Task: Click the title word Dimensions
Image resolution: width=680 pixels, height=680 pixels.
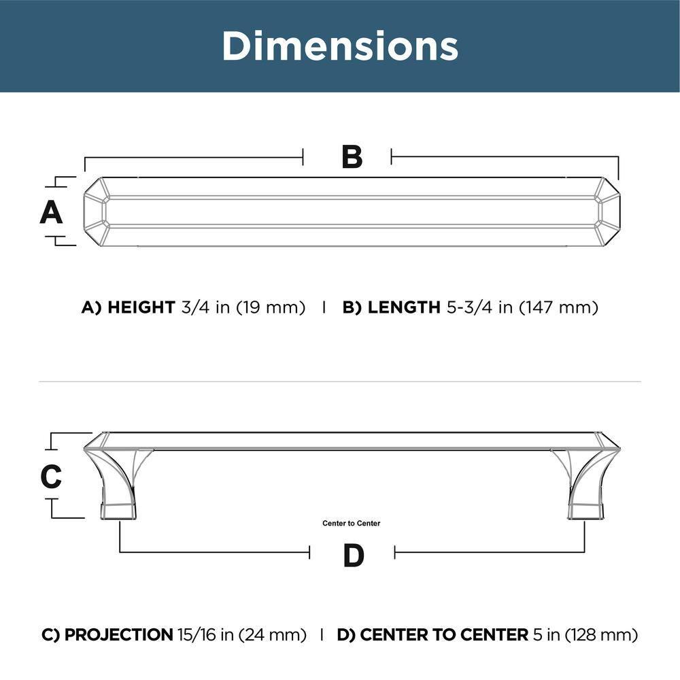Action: click(x=340, y=46)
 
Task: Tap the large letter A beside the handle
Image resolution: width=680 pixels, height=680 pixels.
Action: click(x=51, y=212)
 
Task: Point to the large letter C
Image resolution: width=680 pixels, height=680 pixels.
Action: click(x=51, y=476)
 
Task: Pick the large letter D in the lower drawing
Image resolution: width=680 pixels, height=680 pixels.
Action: click(x=354, y=556)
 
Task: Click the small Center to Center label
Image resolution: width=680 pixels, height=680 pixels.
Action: click(x=352, y=524)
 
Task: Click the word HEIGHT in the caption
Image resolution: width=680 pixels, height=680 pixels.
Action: click(x=141, y=307)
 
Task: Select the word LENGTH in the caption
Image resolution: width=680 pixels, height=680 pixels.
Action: click(x=404, y=307)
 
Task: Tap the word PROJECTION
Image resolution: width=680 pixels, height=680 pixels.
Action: click(x=119, y=635)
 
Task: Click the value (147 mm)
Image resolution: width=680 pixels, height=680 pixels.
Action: click(x=558, y=307)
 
